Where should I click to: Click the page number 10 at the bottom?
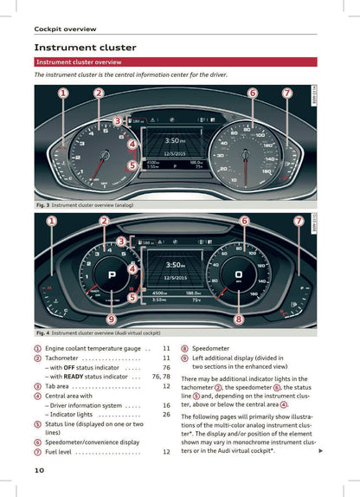(39, 469)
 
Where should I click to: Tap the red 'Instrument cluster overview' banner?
(78, 62)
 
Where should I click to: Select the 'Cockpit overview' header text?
(65, 29)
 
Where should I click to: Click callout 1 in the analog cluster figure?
(63, 93)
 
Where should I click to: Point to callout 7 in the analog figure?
(286, 93)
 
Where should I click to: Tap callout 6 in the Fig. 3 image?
(252, 93)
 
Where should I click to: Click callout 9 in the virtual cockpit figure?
(112, 319)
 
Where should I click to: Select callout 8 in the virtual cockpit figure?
(238, 319)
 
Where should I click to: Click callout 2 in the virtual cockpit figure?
(104, 222)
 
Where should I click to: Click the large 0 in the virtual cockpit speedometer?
(239, 274)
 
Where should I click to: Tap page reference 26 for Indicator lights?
(166, 415)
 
